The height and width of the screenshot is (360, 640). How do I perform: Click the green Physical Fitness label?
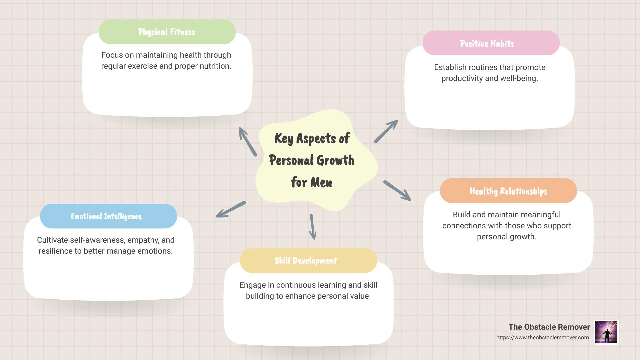[167, 32]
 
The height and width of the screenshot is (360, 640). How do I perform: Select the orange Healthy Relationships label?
[508, 191]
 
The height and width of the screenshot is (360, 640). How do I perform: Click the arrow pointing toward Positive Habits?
[386, 132]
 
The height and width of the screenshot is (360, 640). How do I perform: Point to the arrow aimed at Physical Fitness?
[248, 142]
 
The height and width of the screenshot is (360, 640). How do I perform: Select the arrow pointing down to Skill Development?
[312, 227]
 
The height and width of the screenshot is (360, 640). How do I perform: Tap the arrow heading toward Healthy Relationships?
[397, 190]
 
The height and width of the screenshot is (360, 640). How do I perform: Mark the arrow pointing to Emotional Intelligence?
[231, 209]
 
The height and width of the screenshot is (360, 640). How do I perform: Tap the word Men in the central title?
[321, 182]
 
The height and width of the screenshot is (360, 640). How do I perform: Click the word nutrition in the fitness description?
[215, 66]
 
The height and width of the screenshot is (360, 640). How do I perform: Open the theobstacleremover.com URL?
[542, 337]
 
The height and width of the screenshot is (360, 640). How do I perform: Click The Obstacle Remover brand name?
[549, 327]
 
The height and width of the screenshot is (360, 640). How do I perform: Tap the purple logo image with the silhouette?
[606, 332]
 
